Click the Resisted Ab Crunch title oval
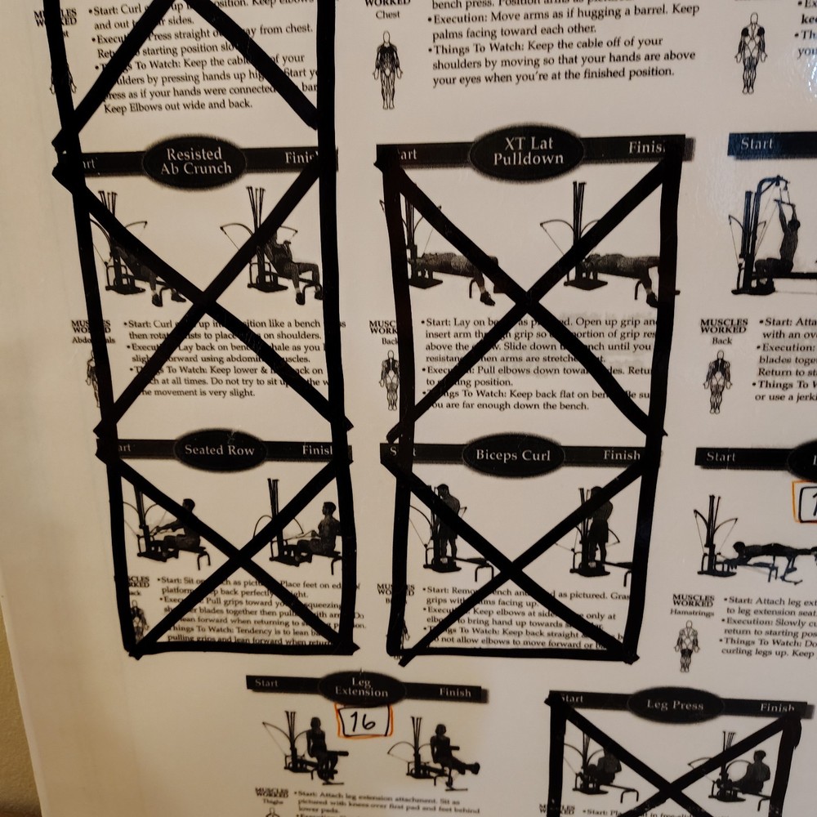coord(194,162)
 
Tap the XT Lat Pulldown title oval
coord(528,153)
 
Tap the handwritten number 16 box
coord(364,721)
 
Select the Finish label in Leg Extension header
coord(455,693)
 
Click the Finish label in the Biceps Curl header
coord(622,455)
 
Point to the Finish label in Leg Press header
coord(776,708)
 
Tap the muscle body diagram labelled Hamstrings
coord(686,645)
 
